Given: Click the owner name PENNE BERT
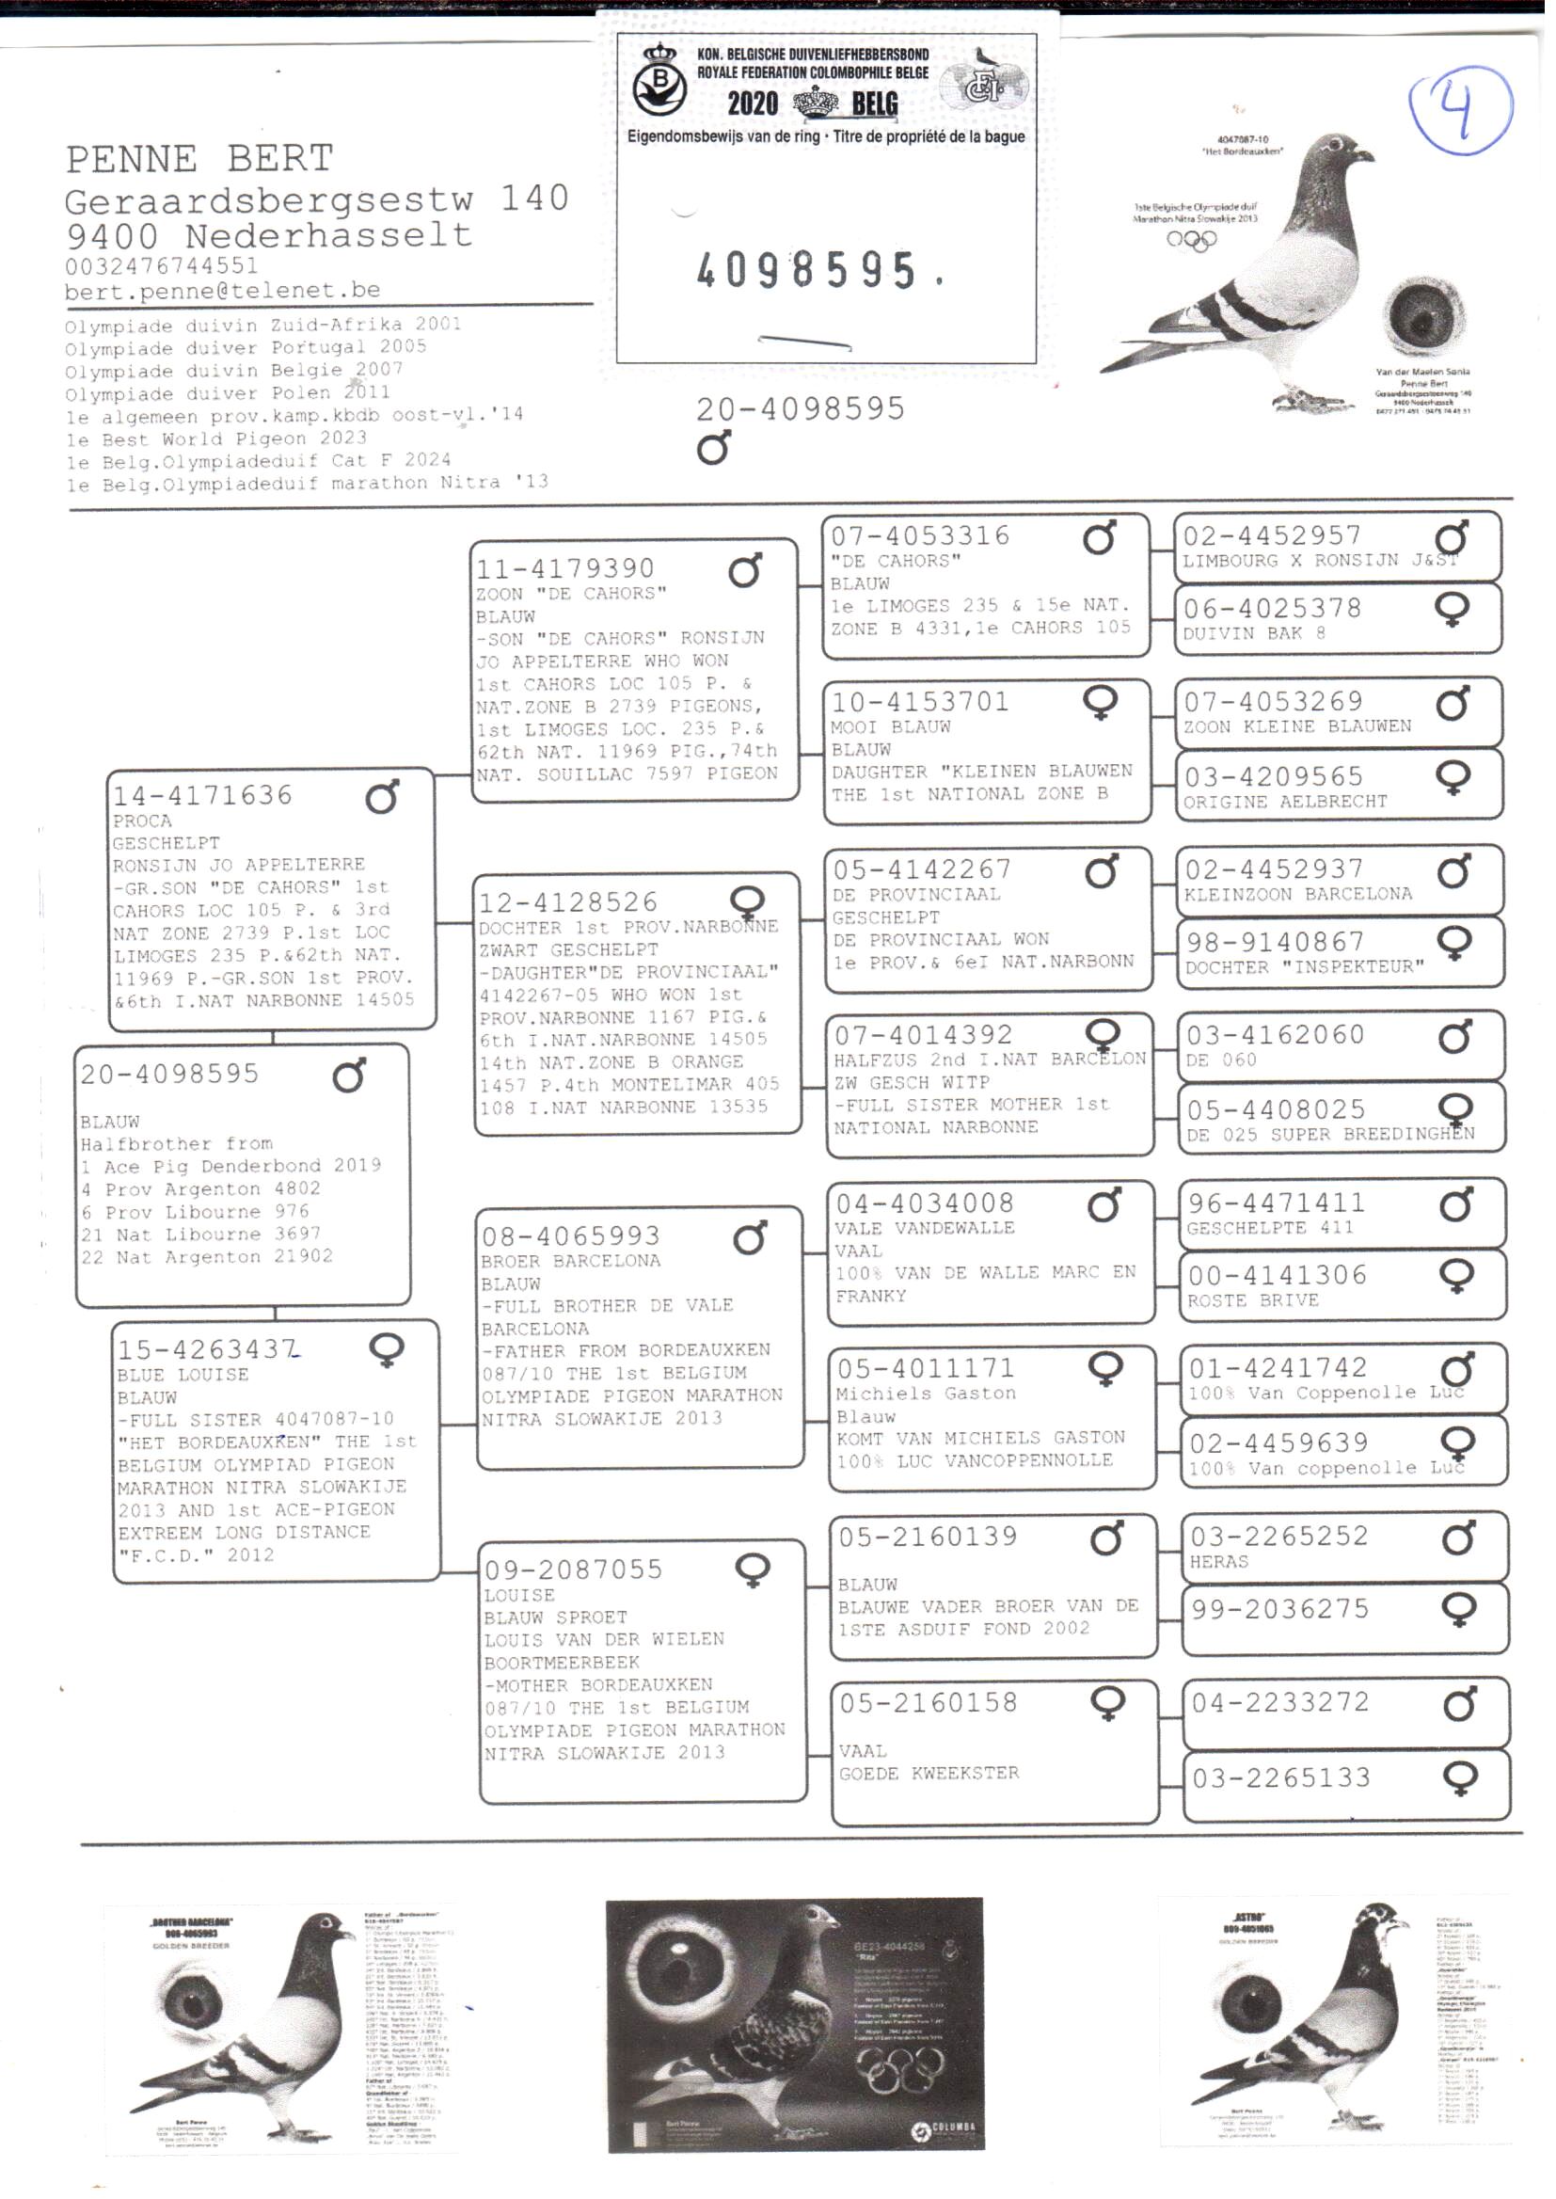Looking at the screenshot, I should tap(199, 158).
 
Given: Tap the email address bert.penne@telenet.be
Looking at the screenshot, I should tap(222, 291).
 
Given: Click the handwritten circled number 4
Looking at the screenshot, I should tap(1459, 112).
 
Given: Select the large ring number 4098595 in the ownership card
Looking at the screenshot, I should tap(807, 271).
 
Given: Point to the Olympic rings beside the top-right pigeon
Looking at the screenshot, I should tap(1191, 240).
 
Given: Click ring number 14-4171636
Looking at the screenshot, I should tap(202, 795).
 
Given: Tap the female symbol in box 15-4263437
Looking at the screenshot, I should tap(386, 1350).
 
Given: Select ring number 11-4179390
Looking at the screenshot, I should tap(565, 569).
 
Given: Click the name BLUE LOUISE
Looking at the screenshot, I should tap(183, 1374).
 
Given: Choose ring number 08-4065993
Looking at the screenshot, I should tap(571, 1236).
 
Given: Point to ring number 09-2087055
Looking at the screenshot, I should tap(574, 1570).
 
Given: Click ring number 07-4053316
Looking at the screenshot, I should tap(920, 535).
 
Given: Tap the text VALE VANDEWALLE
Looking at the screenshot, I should tap(925, 1227).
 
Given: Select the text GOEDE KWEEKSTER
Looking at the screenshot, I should tap(929, 1774).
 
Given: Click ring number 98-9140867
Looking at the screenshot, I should tap(1276, 942).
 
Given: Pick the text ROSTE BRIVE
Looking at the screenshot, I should tap(1253, 1300).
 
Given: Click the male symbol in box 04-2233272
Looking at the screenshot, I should tap(1459, 1705).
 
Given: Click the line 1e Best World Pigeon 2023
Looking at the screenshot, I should tap(215, 438).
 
